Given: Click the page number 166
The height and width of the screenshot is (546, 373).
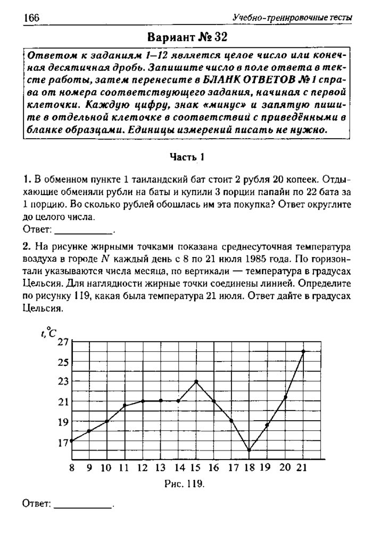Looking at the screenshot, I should click(x=32, y=18).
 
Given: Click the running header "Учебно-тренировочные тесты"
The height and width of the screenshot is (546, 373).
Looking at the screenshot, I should click(x=292, y=18).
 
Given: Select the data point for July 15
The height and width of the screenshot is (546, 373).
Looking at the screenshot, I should click(x=196, y=381).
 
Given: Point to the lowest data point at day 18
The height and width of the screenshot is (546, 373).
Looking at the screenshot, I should click(x=249, y=450).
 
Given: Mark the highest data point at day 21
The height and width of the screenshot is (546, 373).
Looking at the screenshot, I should click(x=303, y=351).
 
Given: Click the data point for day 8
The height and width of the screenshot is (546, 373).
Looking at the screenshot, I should click(x=72, y=440).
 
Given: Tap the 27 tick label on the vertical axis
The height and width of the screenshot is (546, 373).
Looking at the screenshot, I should click(x=63, y=342).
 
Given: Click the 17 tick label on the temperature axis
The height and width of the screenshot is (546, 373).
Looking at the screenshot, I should click(x=63, y=441).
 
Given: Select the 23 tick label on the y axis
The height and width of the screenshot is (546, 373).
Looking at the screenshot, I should click(x=63, y=382).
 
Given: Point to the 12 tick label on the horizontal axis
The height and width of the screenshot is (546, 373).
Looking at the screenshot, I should click(x=142, y=468).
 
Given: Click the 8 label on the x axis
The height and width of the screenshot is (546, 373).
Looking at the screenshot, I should click(x=72, y=468).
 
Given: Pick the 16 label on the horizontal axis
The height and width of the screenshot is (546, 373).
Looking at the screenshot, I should click(x=214, y=468).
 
